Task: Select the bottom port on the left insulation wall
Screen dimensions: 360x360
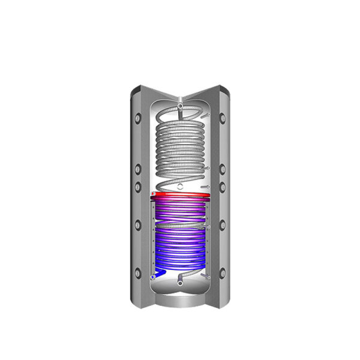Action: pyautogui.click(x=137, y=271)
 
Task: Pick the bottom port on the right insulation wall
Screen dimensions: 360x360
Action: pyautogui.click(x=222, y=271)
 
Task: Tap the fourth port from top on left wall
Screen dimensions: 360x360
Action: pyautogui.click(x=137, y=225)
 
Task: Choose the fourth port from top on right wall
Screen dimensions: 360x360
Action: pyautogui.click(x=222, y=225)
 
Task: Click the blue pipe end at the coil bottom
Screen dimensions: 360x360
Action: pyautogui.click(x=156, y=275)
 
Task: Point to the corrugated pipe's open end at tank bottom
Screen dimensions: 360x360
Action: pyautogui.click(x=180, y=279)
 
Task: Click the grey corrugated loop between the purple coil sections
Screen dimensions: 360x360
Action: pyautogui.click(x=180, y=227)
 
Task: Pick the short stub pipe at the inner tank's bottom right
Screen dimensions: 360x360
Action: pyautogui.click(x=207, y=277)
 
